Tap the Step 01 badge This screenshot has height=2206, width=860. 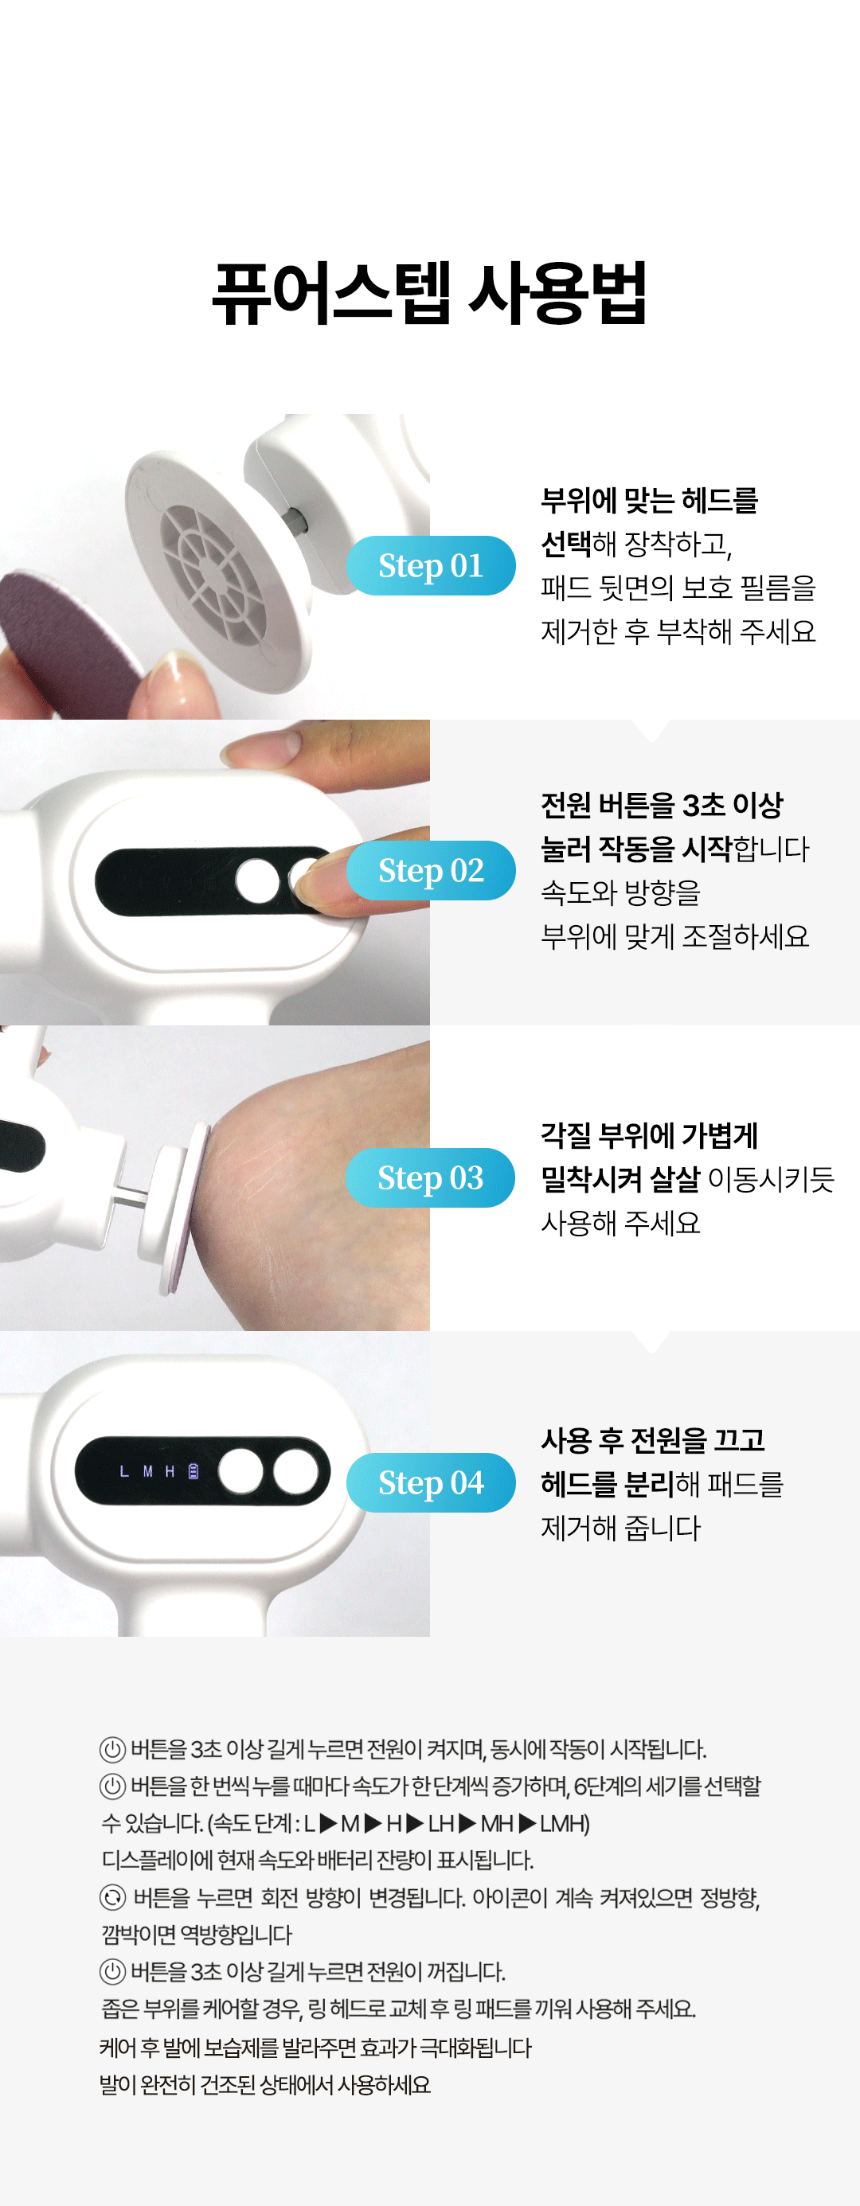pos(431,565)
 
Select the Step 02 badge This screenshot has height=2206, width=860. pos(431,870)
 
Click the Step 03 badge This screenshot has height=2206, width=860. pos(431,1177)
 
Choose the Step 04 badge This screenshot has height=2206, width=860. pos(431,1482)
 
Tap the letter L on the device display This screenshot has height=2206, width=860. pos(124,1471)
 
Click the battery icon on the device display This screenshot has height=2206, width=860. pos(193,1471)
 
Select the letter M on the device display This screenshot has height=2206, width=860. pos(147,1471)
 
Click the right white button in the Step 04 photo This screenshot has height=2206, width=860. pos(296,1471)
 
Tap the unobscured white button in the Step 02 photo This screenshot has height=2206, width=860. pos(258,881)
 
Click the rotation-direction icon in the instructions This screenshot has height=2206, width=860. pos(112,1898)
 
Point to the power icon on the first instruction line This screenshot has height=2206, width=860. pos(112,1750)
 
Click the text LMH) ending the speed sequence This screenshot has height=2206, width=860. pos(565,1824)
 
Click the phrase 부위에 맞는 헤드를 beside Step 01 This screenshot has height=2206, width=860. pos(649,500)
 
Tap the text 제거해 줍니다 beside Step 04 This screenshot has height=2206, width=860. pos(621,1527)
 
